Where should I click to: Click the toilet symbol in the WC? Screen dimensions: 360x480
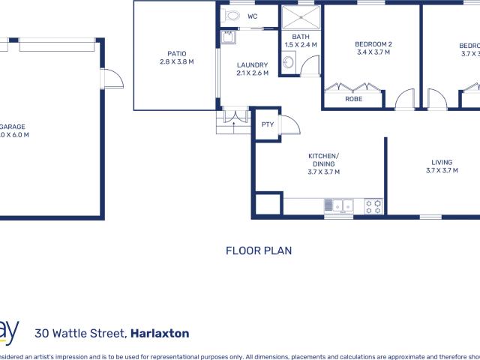pyautogui.click(x=232, y=15)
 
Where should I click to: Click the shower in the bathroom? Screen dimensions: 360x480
pyautogui.click(x=299, y=16)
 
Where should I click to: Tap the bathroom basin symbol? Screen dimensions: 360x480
pyautogui.click(x=287, y=64)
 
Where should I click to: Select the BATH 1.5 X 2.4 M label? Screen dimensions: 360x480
pyautogui.click(x=300, y=40)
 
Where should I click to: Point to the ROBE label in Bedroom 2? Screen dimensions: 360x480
pyautogui.click(x=354, y=98)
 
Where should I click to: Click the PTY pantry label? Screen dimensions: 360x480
pyautogui.click(x=267, y=124)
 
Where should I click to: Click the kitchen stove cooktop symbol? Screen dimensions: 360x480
pyautogui.click(x=373, y=205)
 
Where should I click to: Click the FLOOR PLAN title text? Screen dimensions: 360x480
pyautogui.click(x=259, y=251)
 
